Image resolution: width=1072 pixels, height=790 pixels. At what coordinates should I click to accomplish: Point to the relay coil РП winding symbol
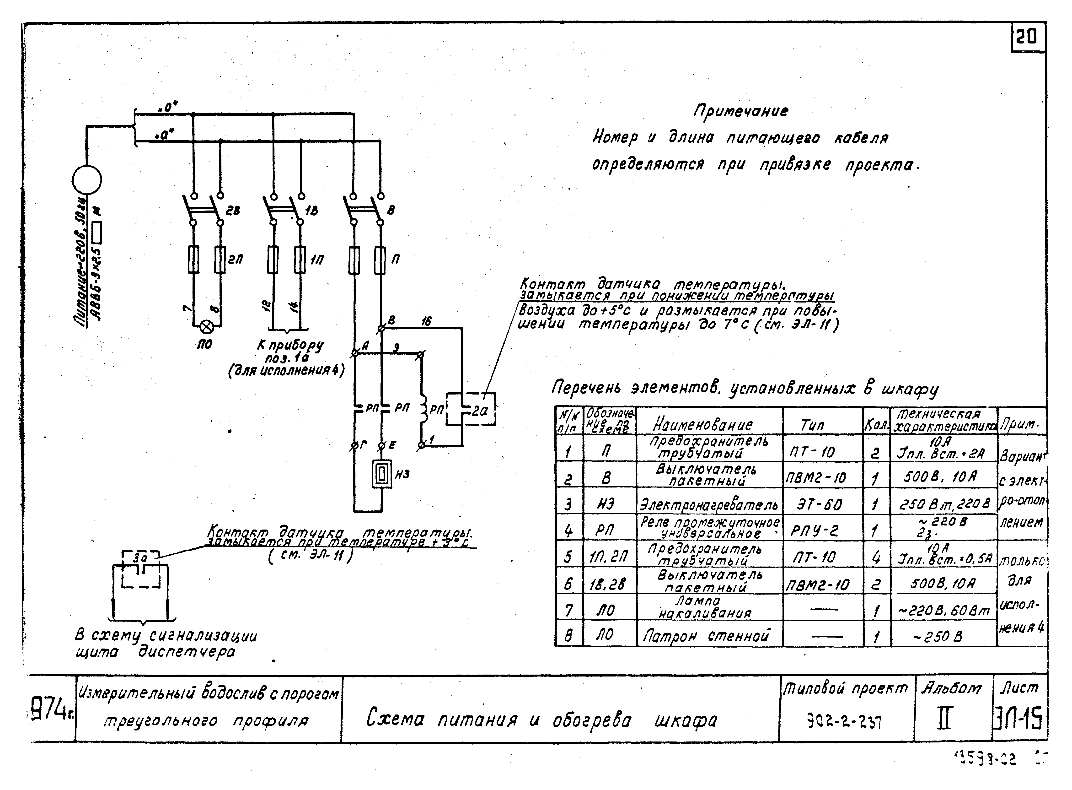tap(423, 409)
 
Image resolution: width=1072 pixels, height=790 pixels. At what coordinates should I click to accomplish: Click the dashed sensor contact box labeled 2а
tap(471, 409)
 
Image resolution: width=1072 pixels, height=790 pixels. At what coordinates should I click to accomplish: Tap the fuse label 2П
tap(235, 259)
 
